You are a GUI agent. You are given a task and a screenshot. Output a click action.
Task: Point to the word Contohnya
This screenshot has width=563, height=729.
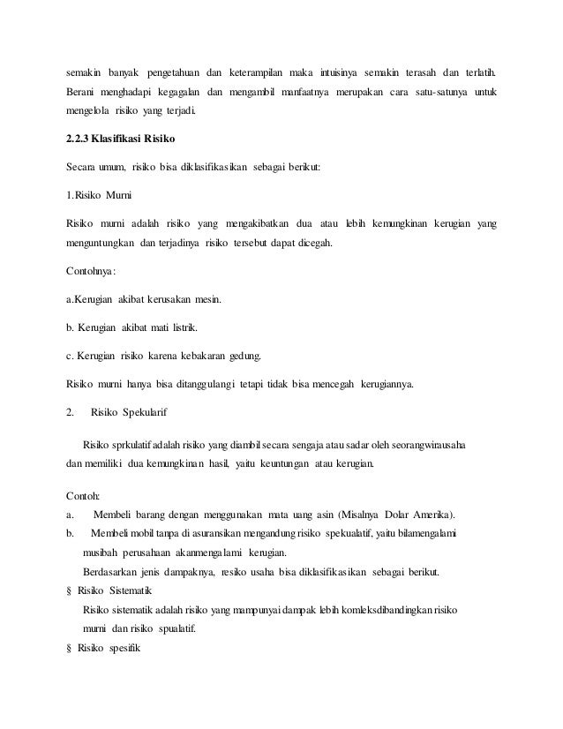93,272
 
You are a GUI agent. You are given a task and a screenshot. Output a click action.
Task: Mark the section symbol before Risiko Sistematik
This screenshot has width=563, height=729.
70,591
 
